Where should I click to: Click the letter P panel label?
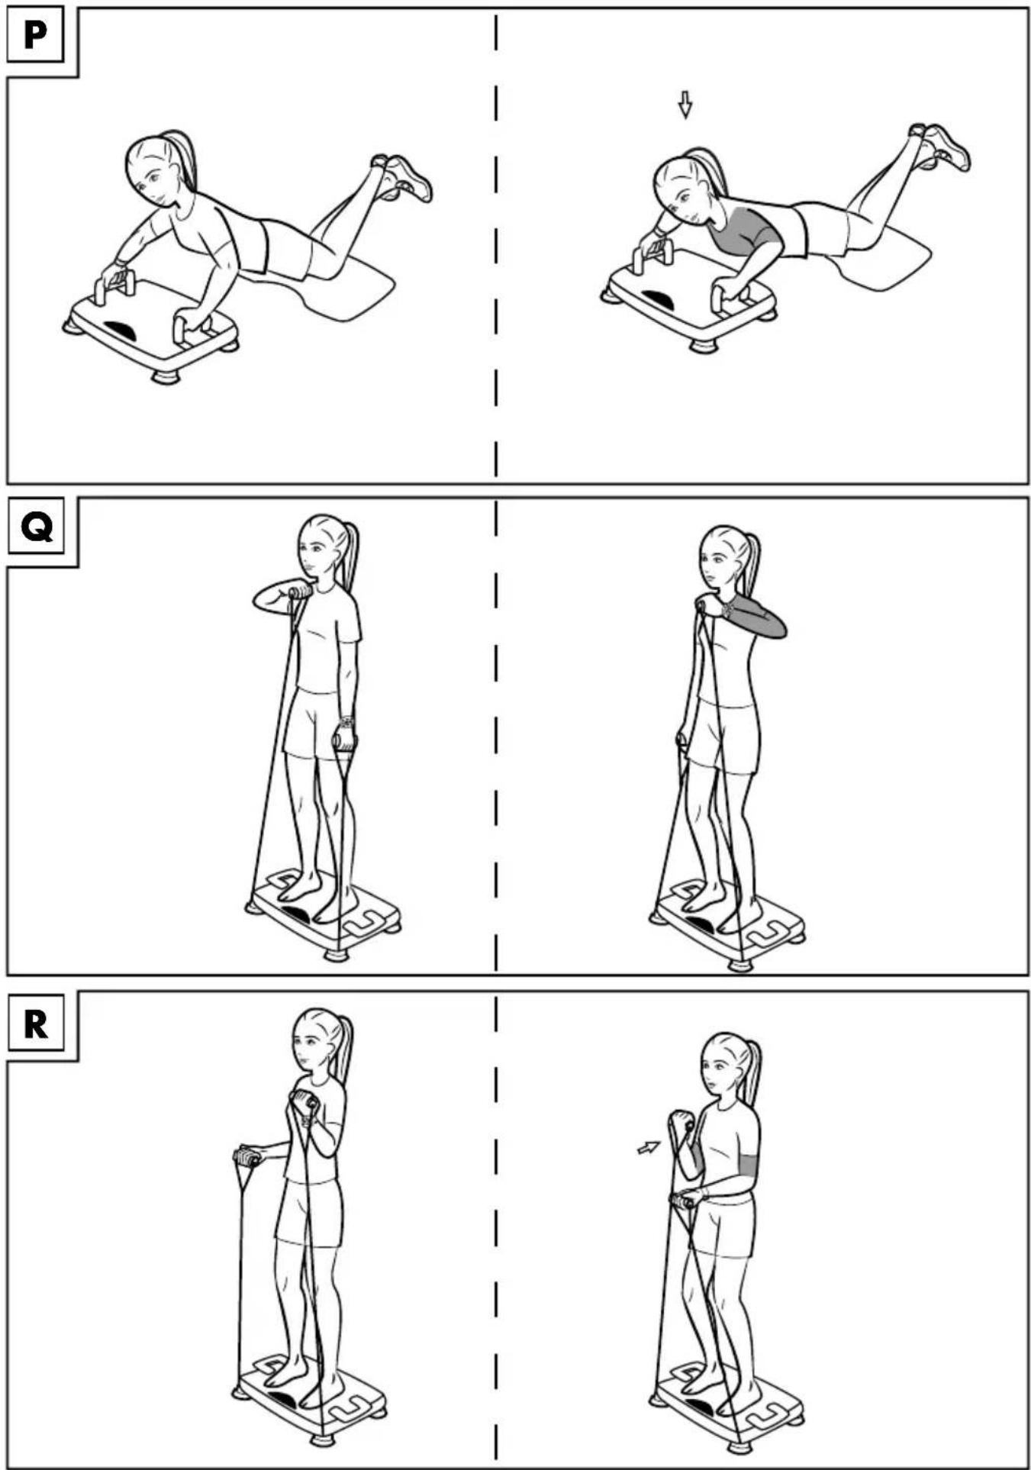point(34,35)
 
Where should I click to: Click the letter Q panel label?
point(37,526)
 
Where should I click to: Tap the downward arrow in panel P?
point(685,105)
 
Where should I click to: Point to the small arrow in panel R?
point(648,1146)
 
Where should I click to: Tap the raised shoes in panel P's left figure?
point(402,177)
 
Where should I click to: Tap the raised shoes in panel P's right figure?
point(940,147)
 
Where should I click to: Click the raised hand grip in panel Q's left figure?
point(301,591)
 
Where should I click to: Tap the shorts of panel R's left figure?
point(309,1212)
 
